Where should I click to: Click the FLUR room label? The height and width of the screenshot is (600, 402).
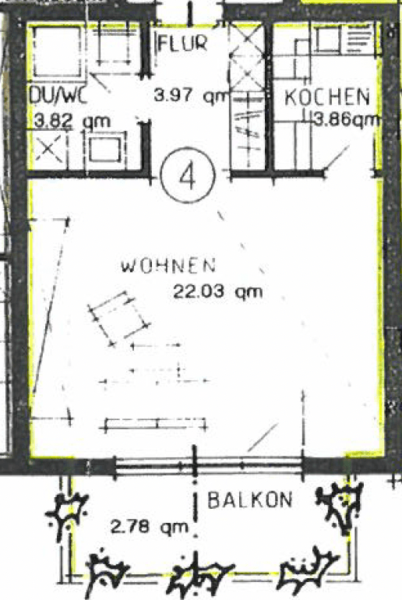pos(182,43)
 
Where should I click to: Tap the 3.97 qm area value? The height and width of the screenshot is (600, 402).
pos(189,97)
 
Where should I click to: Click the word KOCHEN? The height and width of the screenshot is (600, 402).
pos(326,97)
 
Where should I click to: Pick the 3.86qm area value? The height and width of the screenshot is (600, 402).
pos(346,120)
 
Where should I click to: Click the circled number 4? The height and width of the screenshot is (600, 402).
pos(186,175)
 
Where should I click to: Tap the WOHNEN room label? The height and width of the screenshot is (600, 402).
pos(167,266)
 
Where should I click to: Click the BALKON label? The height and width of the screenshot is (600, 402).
pos(249,500)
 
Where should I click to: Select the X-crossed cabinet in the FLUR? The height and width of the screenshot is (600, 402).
pos(246,66)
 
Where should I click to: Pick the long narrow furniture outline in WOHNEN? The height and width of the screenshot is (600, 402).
pos(156,424)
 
